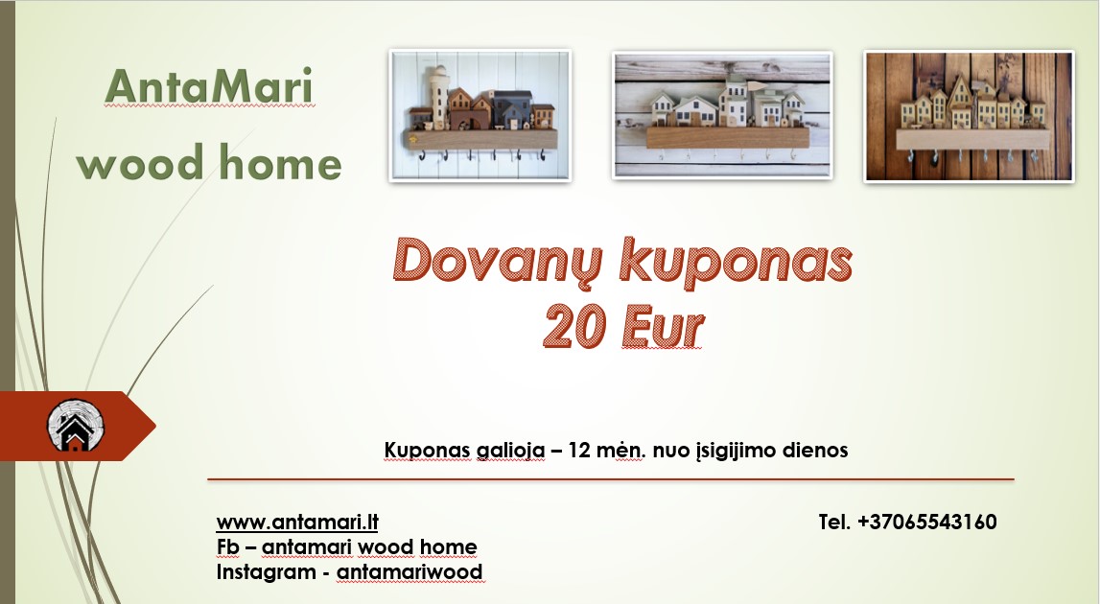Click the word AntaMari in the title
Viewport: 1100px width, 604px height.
pos(209,87)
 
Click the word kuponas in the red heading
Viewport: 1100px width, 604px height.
pos(733,262)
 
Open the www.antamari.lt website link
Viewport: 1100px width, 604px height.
pos(297,523)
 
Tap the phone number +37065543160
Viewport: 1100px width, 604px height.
pos(926,523)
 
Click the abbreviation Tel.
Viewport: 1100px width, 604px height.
pos(835,523)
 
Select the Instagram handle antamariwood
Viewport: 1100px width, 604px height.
pos(410,572)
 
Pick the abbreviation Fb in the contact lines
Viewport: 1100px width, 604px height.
pos(228,547)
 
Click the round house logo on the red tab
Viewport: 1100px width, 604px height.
pos(76,427)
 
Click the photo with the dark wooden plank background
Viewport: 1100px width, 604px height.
pos(969,116)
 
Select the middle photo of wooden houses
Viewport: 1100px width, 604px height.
pos(722,116)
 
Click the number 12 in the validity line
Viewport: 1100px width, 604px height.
pos(579,450)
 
